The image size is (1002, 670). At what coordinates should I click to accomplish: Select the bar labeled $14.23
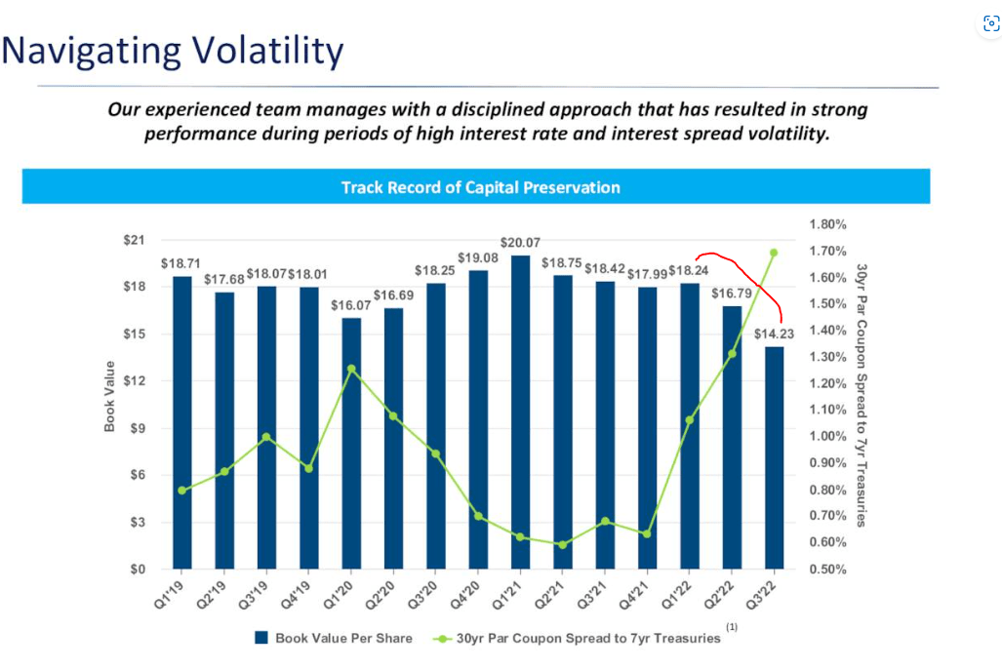pyautogui.click(x=774, y=458)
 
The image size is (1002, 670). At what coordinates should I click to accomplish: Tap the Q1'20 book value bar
pyautogui.click(x=351, y=444)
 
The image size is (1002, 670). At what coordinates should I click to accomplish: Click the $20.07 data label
pyautogui.click(x=520, y=242)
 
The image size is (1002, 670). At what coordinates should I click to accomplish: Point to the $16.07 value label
pyautogui.click(x=351, y=305)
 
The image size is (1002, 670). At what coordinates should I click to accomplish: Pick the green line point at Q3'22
pyautogui.click(x=774, y=253)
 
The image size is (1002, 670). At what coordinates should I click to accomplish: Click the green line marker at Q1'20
pyautogui.click(x=351, y=369)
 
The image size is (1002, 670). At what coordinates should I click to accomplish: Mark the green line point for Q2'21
pyautogui.click(x=562, y=545)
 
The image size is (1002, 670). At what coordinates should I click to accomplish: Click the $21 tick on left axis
pyautogui.click(x=134, y=239)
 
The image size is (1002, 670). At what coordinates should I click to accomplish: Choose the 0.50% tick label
pyautogui.click(x=828, y=570)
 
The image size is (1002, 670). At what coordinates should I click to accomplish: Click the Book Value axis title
pyautogui.click(x=110, y=396)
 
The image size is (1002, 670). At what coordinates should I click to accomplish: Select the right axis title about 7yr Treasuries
pyautogui.click(x=862, y=395)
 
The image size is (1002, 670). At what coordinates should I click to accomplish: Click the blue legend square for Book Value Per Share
pyautogui.click(x=261, y=638)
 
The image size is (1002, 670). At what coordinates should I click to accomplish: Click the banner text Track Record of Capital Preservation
pyautogui.click(x=480, y=187)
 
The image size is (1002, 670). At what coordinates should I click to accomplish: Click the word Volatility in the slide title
pyautogui.click(x=262, y=50)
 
